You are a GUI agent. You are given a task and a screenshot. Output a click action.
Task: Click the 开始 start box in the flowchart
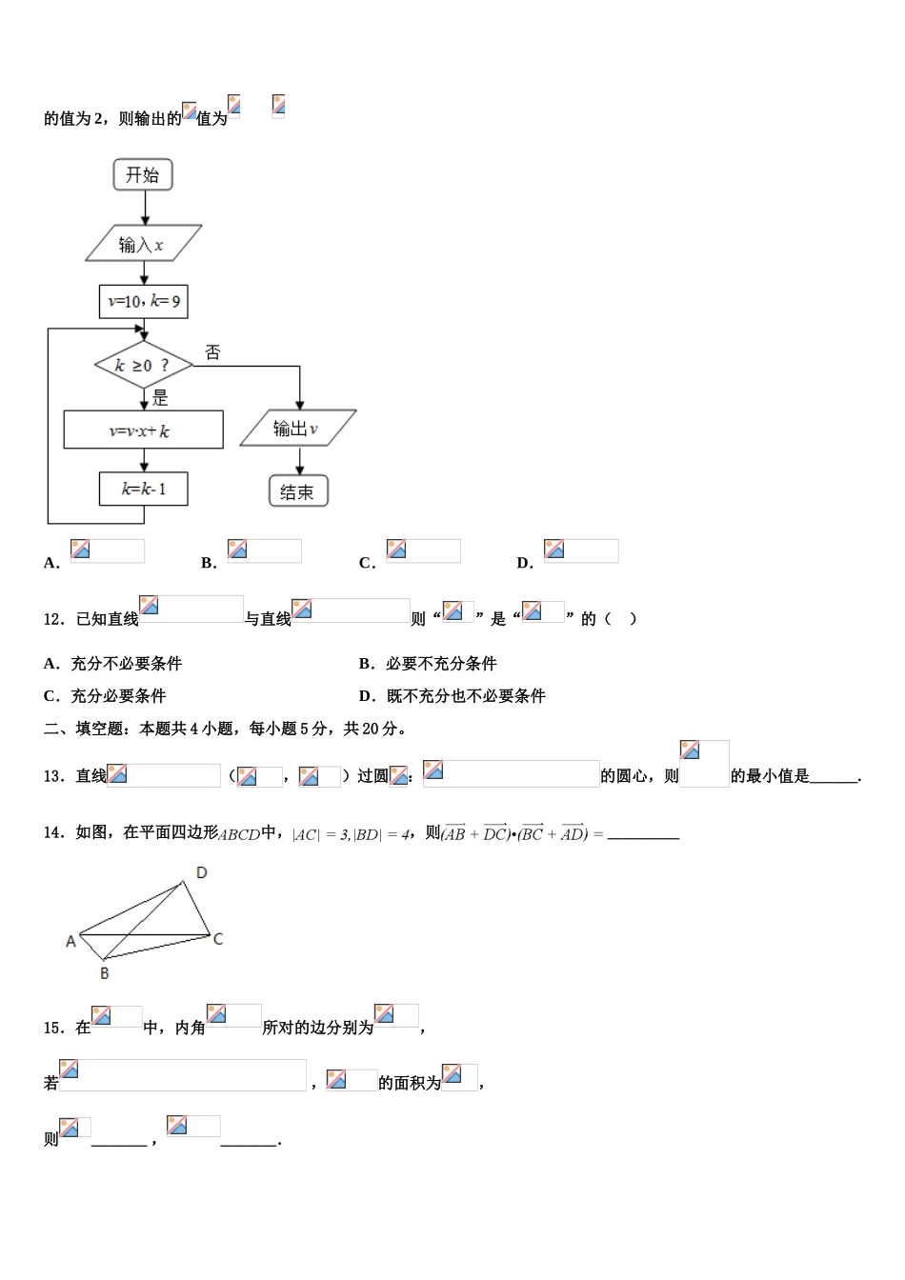click(143, 175)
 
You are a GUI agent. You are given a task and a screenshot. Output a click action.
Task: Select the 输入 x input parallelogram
click(143, 244)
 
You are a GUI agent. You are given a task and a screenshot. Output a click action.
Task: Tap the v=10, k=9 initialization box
click(144, 302)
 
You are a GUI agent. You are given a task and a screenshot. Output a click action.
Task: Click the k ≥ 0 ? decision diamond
click(143, 365)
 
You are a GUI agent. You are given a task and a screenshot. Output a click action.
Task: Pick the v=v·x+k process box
click(143, 430)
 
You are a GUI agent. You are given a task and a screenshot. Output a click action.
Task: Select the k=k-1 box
click(143, 490)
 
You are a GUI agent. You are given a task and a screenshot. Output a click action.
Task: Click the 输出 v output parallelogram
click(298, 429)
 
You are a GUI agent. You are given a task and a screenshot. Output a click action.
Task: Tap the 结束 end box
click(298, 491)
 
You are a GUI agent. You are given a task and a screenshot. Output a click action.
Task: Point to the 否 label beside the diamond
click(212, 352)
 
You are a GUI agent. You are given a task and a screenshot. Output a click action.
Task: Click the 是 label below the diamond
click(160, 398)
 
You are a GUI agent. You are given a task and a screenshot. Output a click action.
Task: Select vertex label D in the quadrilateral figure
click(201, 872)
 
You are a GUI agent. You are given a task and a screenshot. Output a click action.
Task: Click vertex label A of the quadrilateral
click(70, 941)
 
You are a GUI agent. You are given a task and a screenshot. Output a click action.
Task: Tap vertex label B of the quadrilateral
click(104, 972)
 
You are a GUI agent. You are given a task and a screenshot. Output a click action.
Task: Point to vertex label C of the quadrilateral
click(218, 939)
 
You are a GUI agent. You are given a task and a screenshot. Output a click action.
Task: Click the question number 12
click(53, 619)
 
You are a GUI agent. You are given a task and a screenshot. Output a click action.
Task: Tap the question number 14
click(53, 832)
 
